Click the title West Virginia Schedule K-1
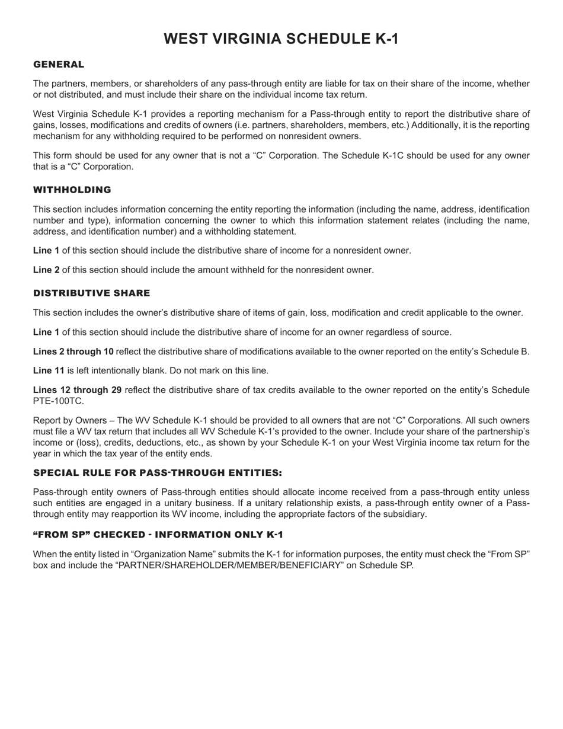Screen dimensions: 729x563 281,39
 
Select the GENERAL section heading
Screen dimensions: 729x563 59,65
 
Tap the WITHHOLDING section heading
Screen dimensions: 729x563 72,190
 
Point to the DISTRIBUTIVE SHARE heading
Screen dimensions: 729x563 92,293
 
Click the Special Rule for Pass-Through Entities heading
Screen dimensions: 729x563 158,473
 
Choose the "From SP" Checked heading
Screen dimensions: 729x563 158,535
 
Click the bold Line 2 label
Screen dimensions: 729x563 46,270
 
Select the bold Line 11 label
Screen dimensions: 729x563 49,371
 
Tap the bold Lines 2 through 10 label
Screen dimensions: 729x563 73,351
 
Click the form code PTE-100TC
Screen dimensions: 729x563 59,401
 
